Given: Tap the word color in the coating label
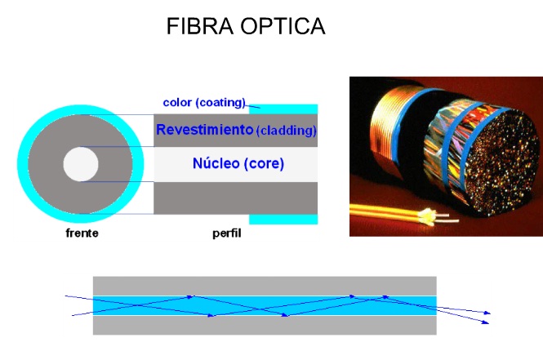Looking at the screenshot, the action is (x=177, y=102).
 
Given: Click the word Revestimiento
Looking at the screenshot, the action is (x=204, y=129).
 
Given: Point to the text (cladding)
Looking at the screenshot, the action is (x=286, y=131).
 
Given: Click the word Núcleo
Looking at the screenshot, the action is (x=216, y=163).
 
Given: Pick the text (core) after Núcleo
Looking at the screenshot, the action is (x=264, y=163).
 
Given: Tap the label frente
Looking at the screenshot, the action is (x=82, y=233).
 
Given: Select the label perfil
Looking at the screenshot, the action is (x=226, y=233).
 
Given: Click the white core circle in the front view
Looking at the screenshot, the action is (x=81, y=165).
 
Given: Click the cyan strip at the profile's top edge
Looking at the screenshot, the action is (x=286, y=109).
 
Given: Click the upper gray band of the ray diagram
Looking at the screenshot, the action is (x=265, y=286).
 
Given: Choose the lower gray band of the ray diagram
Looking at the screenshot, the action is (x=265, y=325).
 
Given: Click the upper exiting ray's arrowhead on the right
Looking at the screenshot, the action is (x=487, y=313).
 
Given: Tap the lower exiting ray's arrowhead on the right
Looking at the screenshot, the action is (x=487, y=323).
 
